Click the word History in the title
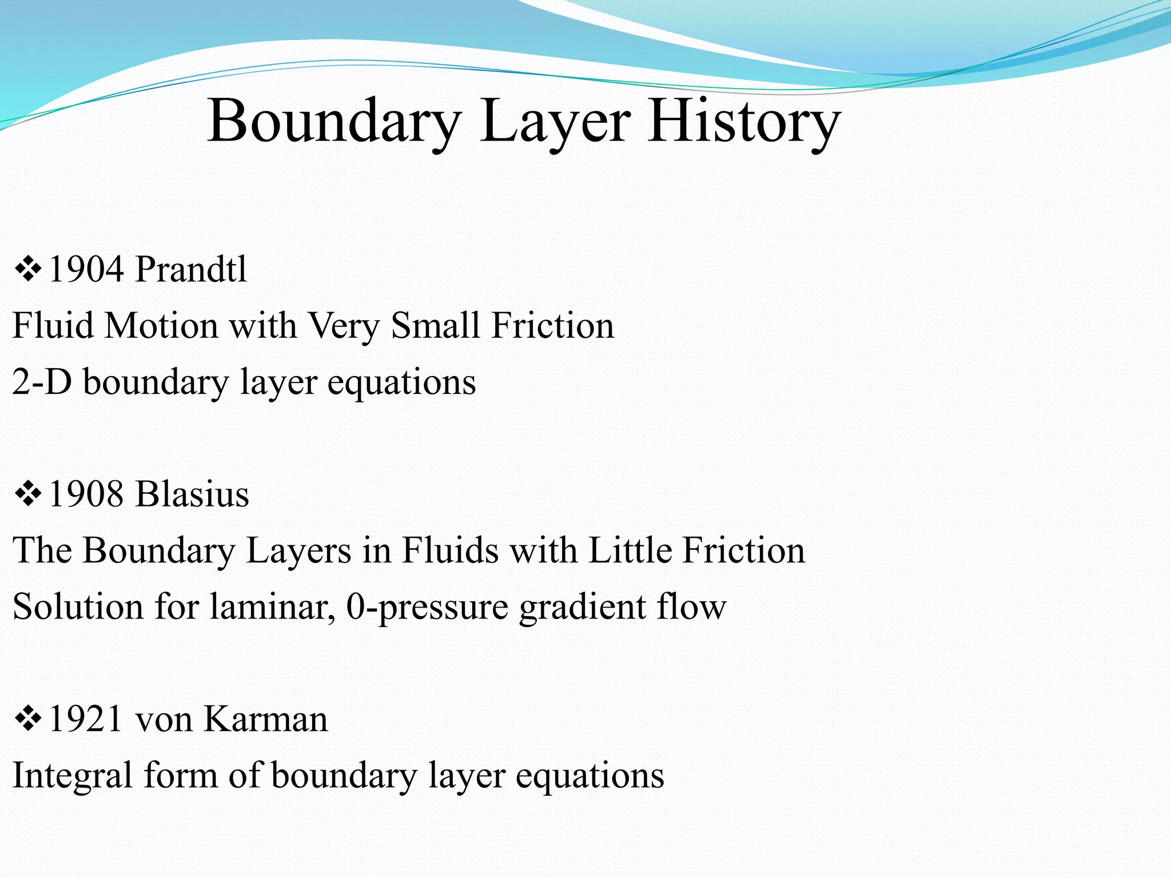[x=743, y=121]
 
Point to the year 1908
[x=86, y=494]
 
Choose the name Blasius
[x=192, y=494]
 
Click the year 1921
[x=86, y=719]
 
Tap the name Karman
[x=266, y=719]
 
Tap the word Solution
[x=78, y=607]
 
